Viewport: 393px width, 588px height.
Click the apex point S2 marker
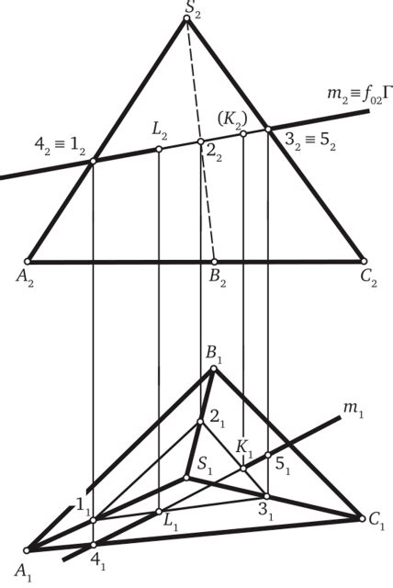click(x=186, y=18)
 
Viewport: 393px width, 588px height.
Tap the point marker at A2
click(x=27, y=261)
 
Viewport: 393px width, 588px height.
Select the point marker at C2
click(x=364, y=261)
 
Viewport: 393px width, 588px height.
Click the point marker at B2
click(x=214, y=261)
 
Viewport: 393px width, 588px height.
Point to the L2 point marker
click(x=159, y=149)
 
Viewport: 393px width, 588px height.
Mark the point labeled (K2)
click(x=243, y=134)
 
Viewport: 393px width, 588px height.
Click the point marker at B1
click(x=214, y=368)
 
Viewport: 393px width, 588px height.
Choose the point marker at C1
click(x=362, y=519)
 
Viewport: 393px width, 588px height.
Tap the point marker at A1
click(x=27, y=550)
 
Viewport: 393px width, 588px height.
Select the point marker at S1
click(x=186, y=478)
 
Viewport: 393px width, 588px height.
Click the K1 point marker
click(x=243, y=469)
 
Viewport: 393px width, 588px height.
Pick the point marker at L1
click(x=159, y=512)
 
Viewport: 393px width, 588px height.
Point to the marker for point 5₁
click(x=268, y=455)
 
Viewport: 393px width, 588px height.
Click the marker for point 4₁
click(x=94, y=545)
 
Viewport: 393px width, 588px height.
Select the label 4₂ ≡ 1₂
click(x=60, y=146)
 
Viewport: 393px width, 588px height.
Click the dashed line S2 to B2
click(x=200, y=140)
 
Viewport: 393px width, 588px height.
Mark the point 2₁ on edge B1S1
click(x=200, y=422)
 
